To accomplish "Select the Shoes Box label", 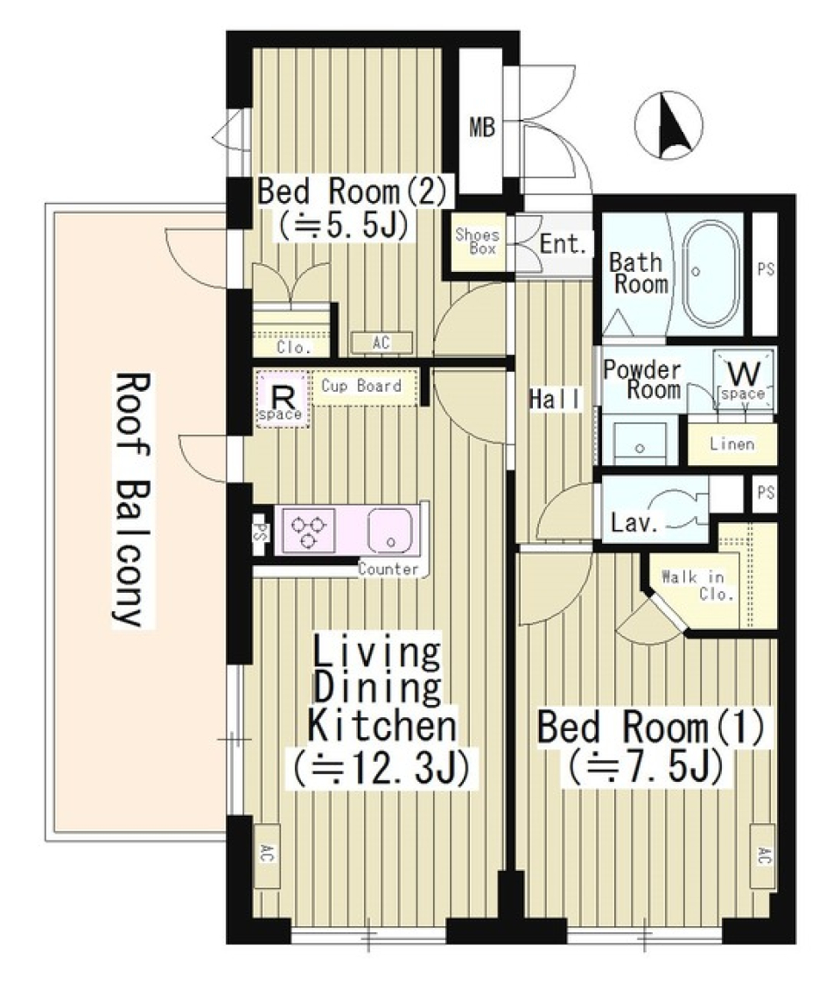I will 476,241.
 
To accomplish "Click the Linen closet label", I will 731,444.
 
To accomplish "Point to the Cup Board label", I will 361,386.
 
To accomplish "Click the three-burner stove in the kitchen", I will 308,531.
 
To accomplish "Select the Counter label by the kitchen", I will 388,569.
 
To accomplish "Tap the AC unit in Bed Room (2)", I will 381,343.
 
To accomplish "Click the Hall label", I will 555,400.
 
